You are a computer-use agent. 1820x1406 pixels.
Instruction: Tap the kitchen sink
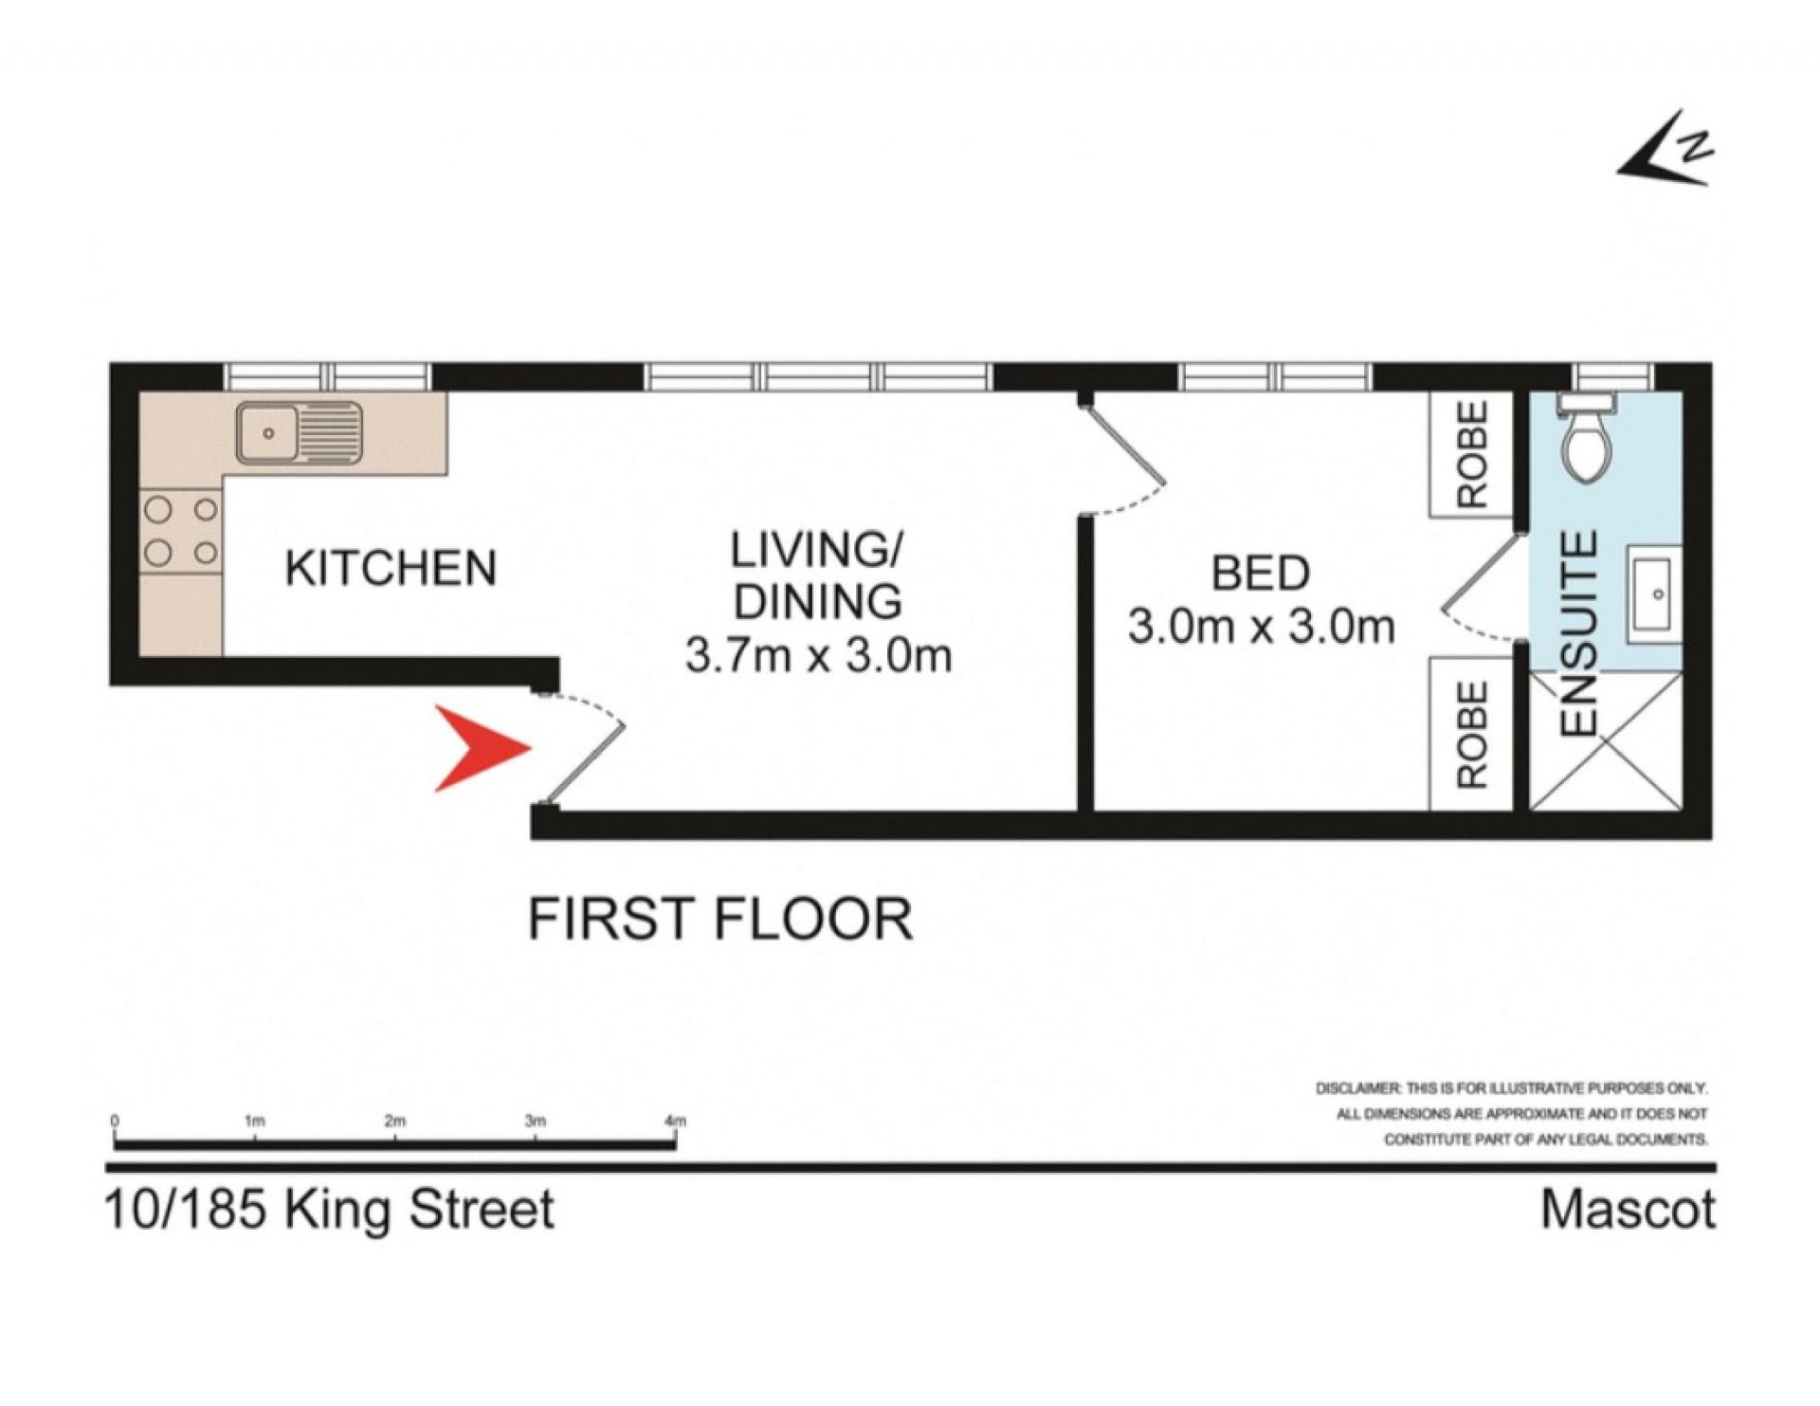coord(299,433)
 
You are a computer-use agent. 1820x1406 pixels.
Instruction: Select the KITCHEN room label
coord(391,568)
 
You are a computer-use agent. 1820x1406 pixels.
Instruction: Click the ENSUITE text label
coord(1579,634)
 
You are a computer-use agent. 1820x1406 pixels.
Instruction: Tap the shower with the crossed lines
coord(1606,740)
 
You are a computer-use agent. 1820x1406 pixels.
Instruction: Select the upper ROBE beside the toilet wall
coord(1472,454)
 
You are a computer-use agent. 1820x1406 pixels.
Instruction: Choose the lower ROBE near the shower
coord(1472,735)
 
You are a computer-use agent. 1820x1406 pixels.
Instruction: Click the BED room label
coord(1261,574)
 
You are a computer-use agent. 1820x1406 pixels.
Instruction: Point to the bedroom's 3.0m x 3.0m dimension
coord(1261,628)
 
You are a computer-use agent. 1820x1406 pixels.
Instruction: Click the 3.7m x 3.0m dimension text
coord(818,656)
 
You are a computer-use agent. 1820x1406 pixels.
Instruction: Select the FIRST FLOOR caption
coord(720,919)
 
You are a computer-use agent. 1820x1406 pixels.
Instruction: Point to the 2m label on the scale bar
coord(395,1121)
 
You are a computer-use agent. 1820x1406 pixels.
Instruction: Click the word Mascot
coord(1628,1211)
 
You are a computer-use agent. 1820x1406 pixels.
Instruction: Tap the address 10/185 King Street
coord(329,1211)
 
